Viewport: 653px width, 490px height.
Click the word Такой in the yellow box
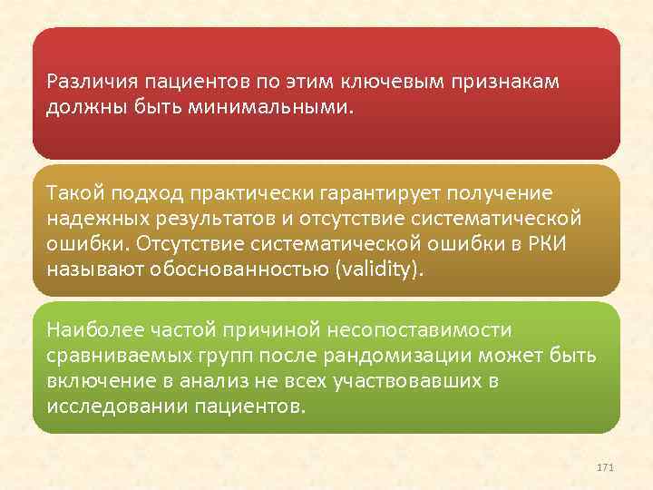tap(73, 195)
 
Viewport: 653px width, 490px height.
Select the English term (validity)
tap(379, 271)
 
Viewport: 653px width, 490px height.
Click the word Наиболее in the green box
tap(89, 330)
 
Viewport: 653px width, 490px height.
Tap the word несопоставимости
tap(428, 330)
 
